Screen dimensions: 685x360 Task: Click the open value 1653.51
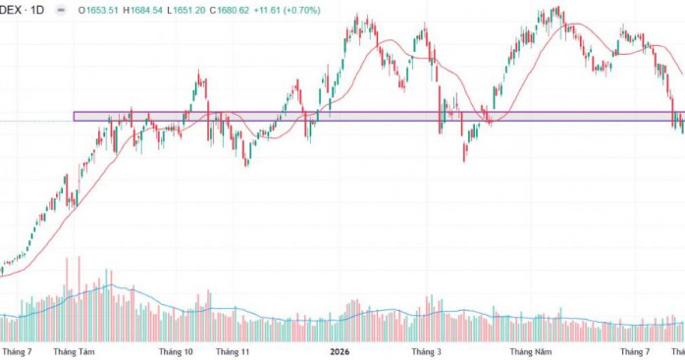[102, 10]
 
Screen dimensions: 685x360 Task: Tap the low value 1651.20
[188, 10]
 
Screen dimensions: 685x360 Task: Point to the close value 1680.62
[233, 10]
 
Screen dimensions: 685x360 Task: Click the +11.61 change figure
[267, 10]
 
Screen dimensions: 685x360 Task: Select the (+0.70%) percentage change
[302, 10]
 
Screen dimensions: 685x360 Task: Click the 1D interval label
[37, 10]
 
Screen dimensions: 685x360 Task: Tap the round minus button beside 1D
[61, 10]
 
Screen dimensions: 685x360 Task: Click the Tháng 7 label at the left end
[17, 352]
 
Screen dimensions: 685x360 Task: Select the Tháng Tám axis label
[74, 352]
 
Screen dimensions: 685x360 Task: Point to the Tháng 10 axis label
[176, 352]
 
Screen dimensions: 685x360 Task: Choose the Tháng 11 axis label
[233, 352]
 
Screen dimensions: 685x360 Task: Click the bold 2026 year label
[340, 352]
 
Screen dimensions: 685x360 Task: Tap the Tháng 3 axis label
[426, 352]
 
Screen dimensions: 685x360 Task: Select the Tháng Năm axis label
[531, 352]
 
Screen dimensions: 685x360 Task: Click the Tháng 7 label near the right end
[635, 352]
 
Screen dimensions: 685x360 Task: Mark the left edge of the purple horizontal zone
[74, 116]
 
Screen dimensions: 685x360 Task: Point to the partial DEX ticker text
[11, 10]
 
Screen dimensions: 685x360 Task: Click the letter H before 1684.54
[126, 10]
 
